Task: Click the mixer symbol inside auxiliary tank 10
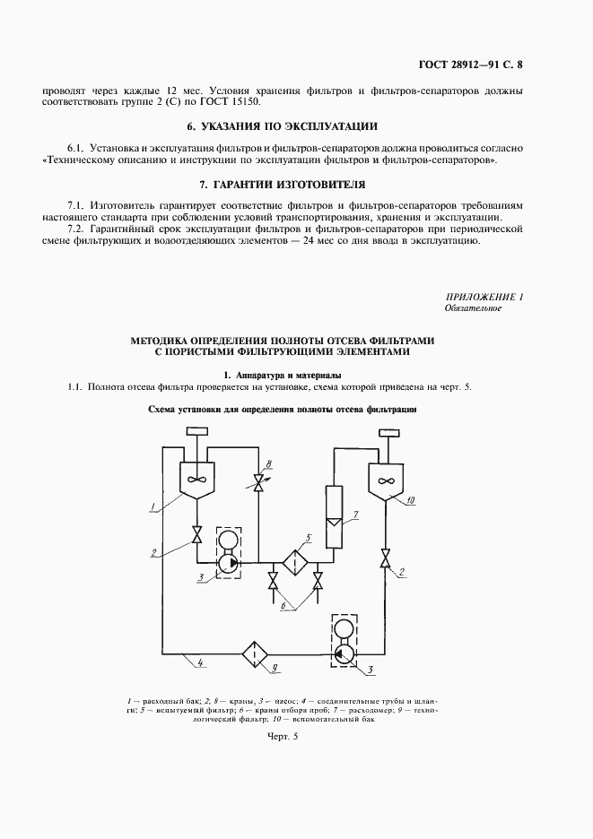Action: tap(387, 481)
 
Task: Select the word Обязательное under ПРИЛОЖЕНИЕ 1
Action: tap(473, 308)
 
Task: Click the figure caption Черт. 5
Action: tap(282, 736)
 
